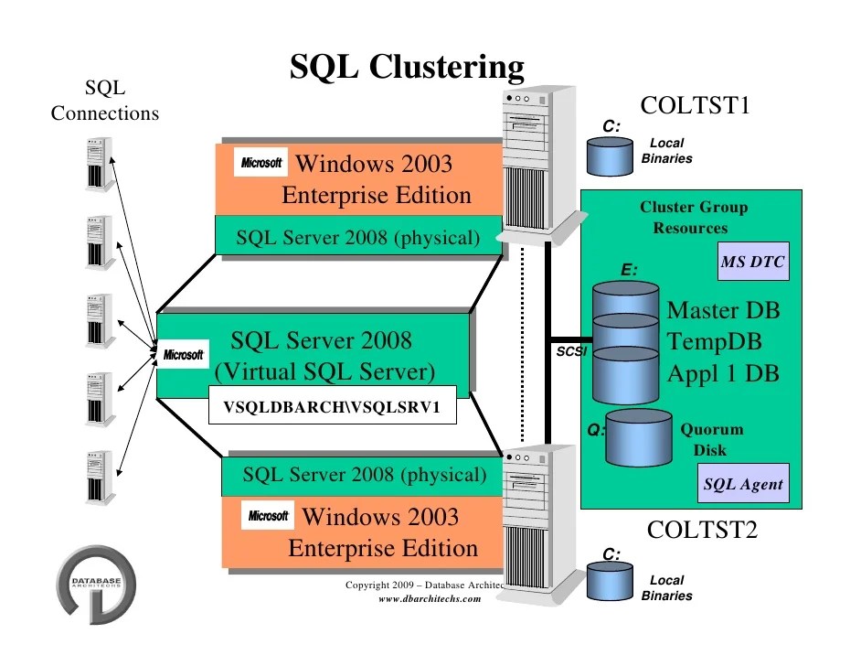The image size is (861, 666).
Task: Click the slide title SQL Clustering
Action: tap(407, 67)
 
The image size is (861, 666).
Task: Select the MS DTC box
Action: tap(753, 263)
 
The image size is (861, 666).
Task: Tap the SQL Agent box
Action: tap(742, 484)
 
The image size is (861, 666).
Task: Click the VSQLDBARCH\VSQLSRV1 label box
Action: tap(333, 409)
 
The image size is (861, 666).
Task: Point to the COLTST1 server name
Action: tap(696, 105)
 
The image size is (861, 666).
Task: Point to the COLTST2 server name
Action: tap(702, 530)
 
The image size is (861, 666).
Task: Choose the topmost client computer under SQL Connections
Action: tap(95, 163)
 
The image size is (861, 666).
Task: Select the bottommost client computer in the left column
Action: tap(95, 474)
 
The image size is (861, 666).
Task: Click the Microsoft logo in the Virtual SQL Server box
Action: tap(184, 354)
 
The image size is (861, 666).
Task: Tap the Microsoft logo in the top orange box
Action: tap(261, 164)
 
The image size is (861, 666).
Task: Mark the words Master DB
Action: tap(724, 311)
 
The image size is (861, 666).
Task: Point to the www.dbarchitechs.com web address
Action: tap(429, 598)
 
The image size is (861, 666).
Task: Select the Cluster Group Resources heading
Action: tap(693, 218)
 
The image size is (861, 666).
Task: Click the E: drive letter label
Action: tap(629, 270)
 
